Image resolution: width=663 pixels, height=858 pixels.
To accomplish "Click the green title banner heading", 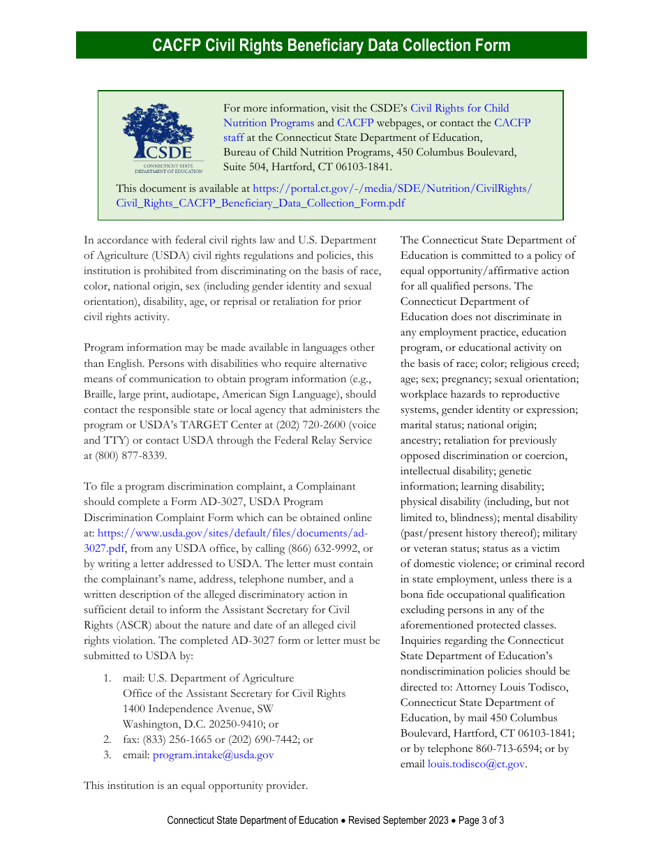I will [331, 45].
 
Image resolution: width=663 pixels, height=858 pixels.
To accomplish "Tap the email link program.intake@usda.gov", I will [213, 755].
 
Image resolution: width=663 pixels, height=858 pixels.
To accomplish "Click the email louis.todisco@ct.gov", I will [476, 764].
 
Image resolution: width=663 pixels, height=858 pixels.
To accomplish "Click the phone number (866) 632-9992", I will [324, 548].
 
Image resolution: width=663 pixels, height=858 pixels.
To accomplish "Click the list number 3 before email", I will [107, 755].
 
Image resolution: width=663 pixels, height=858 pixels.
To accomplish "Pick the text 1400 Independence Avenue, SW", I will [198, 709].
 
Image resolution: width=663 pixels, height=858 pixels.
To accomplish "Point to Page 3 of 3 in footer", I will [481, 820].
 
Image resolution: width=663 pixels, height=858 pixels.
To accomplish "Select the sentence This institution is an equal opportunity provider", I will [195, 785].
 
